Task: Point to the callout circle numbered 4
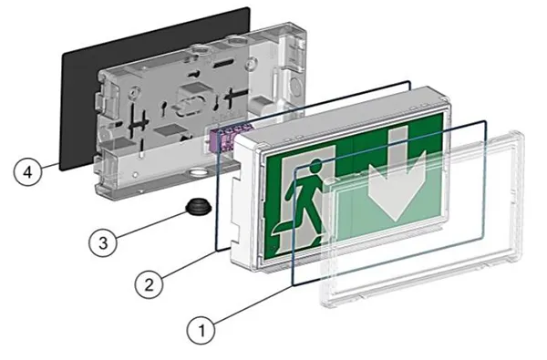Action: (29, 171)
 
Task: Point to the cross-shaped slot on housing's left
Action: (137, 118)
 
